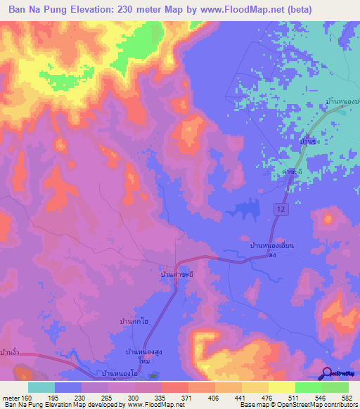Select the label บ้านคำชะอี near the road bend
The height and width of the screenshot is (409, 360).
176,273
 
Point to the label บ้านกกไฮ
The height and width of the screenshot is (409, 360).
133,321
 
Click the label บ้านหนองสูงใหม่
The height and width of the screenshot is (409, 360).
146,355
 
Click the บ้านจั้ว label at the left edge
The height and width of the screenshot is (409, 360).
10,351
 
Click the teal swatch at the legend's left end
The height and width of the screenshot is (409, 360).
41,387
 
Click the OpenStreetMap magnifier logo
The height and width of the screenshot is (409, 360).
327,373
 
